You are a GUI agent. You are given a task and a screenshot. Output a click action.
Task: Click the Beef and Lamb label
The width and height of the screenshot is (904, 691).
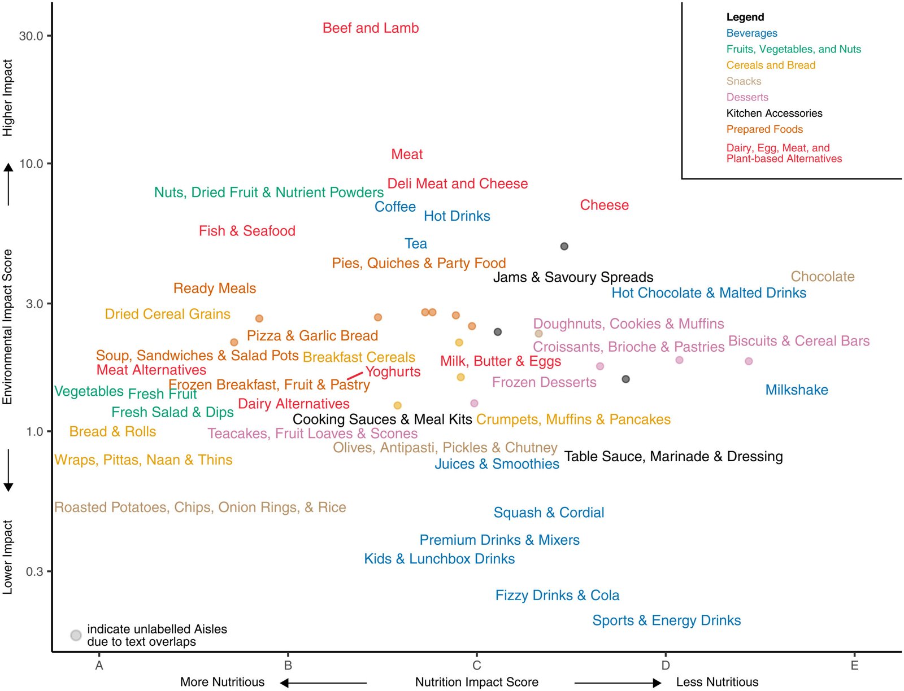pyautogui.click(x=371, y=28)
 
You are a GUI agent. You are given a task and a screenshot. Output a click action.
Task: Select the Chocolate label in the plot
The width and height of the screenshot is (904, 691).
pyautogui.click(x=822, y=277)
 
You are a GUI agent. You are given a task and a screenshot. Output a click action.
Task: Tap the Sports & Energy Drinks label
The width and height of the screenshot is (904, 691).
pyautogui.click(x=666, y=620)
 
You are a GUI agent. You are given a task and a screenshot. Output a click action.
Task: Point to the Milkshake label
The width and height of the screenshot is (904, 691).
pyautogui.click(x=796, y=390)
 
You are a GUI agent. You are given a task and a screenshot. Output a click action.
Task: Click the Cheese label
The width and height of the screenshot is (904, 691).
pyautogui.click(x=604, y=205)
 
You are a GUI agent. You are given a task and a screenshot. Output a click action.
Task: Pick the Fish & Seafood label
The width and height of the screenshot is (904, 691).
pyautogui.click(x=247, y=231)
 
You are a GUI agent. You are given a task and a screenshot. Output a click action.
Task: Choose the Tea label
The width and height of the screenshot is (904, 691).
pyautogui.click(x=416, y=244)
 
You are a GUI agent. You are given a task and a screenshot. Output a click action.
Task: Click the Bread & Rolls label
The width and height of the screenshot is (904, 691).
pyautogui.click(x=112, y=432)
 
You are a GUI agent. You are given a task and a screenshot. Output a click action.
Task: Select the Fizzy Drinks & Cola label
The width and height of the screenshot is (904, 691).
pyautogui.click(x=557, y=596)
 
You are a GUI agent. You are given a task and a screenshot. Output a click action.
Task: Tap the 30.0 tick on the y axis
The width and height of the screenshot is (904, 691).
pyautogui.click(x=31, y=36)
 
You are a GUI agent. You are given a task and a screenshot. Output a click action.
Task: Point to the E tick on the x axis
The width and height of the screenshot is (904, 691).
pyautogui.click(x=854, y=666)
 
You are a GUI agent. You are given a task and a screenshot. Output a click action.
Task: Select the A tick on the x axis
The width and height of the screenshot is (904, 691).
pyautogui.click(x=99, y=666)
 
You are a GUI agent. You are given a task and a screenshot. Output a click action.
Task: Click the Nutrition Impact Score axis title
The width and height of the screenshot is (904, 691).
pyautogui.click(x=476, y=682)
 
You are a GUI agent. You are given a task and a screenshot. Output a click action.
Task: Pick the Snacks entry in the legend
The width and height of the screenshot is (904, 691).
pyautogui.click(x=744, y=81)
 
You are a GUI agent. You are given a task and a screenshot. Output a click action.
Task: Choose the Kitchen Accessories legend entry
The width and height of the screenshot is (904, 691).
pyautogui.click(x=774, y=113)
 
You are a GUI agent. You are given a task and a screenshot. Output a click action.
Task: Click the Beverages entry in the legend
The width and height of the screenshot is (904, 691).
pyautogui.click(x=751, y=33)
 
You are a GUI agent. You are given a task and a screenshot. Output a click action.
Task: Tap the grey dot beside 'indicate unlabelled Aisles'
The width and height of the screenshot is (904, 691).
pyautogui.click(x=76, y=635)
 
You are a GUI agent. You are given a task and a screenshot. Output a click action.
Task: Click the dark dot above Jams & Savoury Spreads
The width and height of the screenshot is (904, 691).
pyautogui.click(x=564, y=246)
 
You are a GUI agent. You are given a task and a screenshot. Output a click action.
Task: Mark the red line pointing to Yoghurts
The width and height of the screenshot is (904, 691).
pyautogui.click(x=355, y=375)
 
